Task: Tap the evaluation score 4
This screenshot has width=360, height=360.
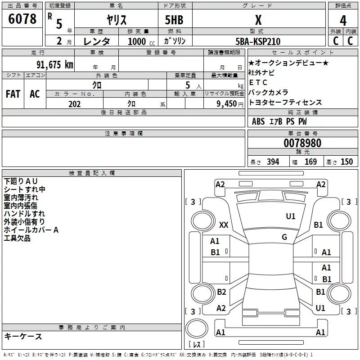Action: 343,21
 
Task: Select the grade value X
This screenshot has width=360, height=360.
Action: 258,20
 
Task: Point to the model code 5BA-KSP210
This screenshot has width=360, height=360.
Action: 258,41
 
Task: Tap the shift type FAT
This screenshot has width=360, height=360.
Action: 13,94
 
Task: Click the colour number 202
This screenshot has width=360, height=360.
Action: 74,104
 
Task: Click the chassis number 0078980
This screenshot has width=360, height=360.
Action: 302,143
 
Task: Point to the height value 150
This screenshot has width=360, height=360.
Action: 346,162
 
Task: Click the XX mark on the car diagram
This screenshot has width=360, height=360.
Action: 224,225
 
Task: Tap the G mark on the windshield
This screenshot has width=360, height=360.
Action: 284,237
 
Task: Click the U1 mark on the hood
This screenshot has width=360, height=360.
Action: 291,216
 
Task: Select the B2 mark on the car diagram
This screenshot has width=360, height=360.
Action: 221,292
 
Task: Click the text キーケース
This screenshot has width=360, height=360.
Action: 23,337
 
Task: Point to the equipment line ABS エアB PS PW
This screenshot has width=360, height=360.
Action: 279,121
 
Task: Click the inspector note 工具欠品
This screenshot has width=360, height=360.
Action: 17,238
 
